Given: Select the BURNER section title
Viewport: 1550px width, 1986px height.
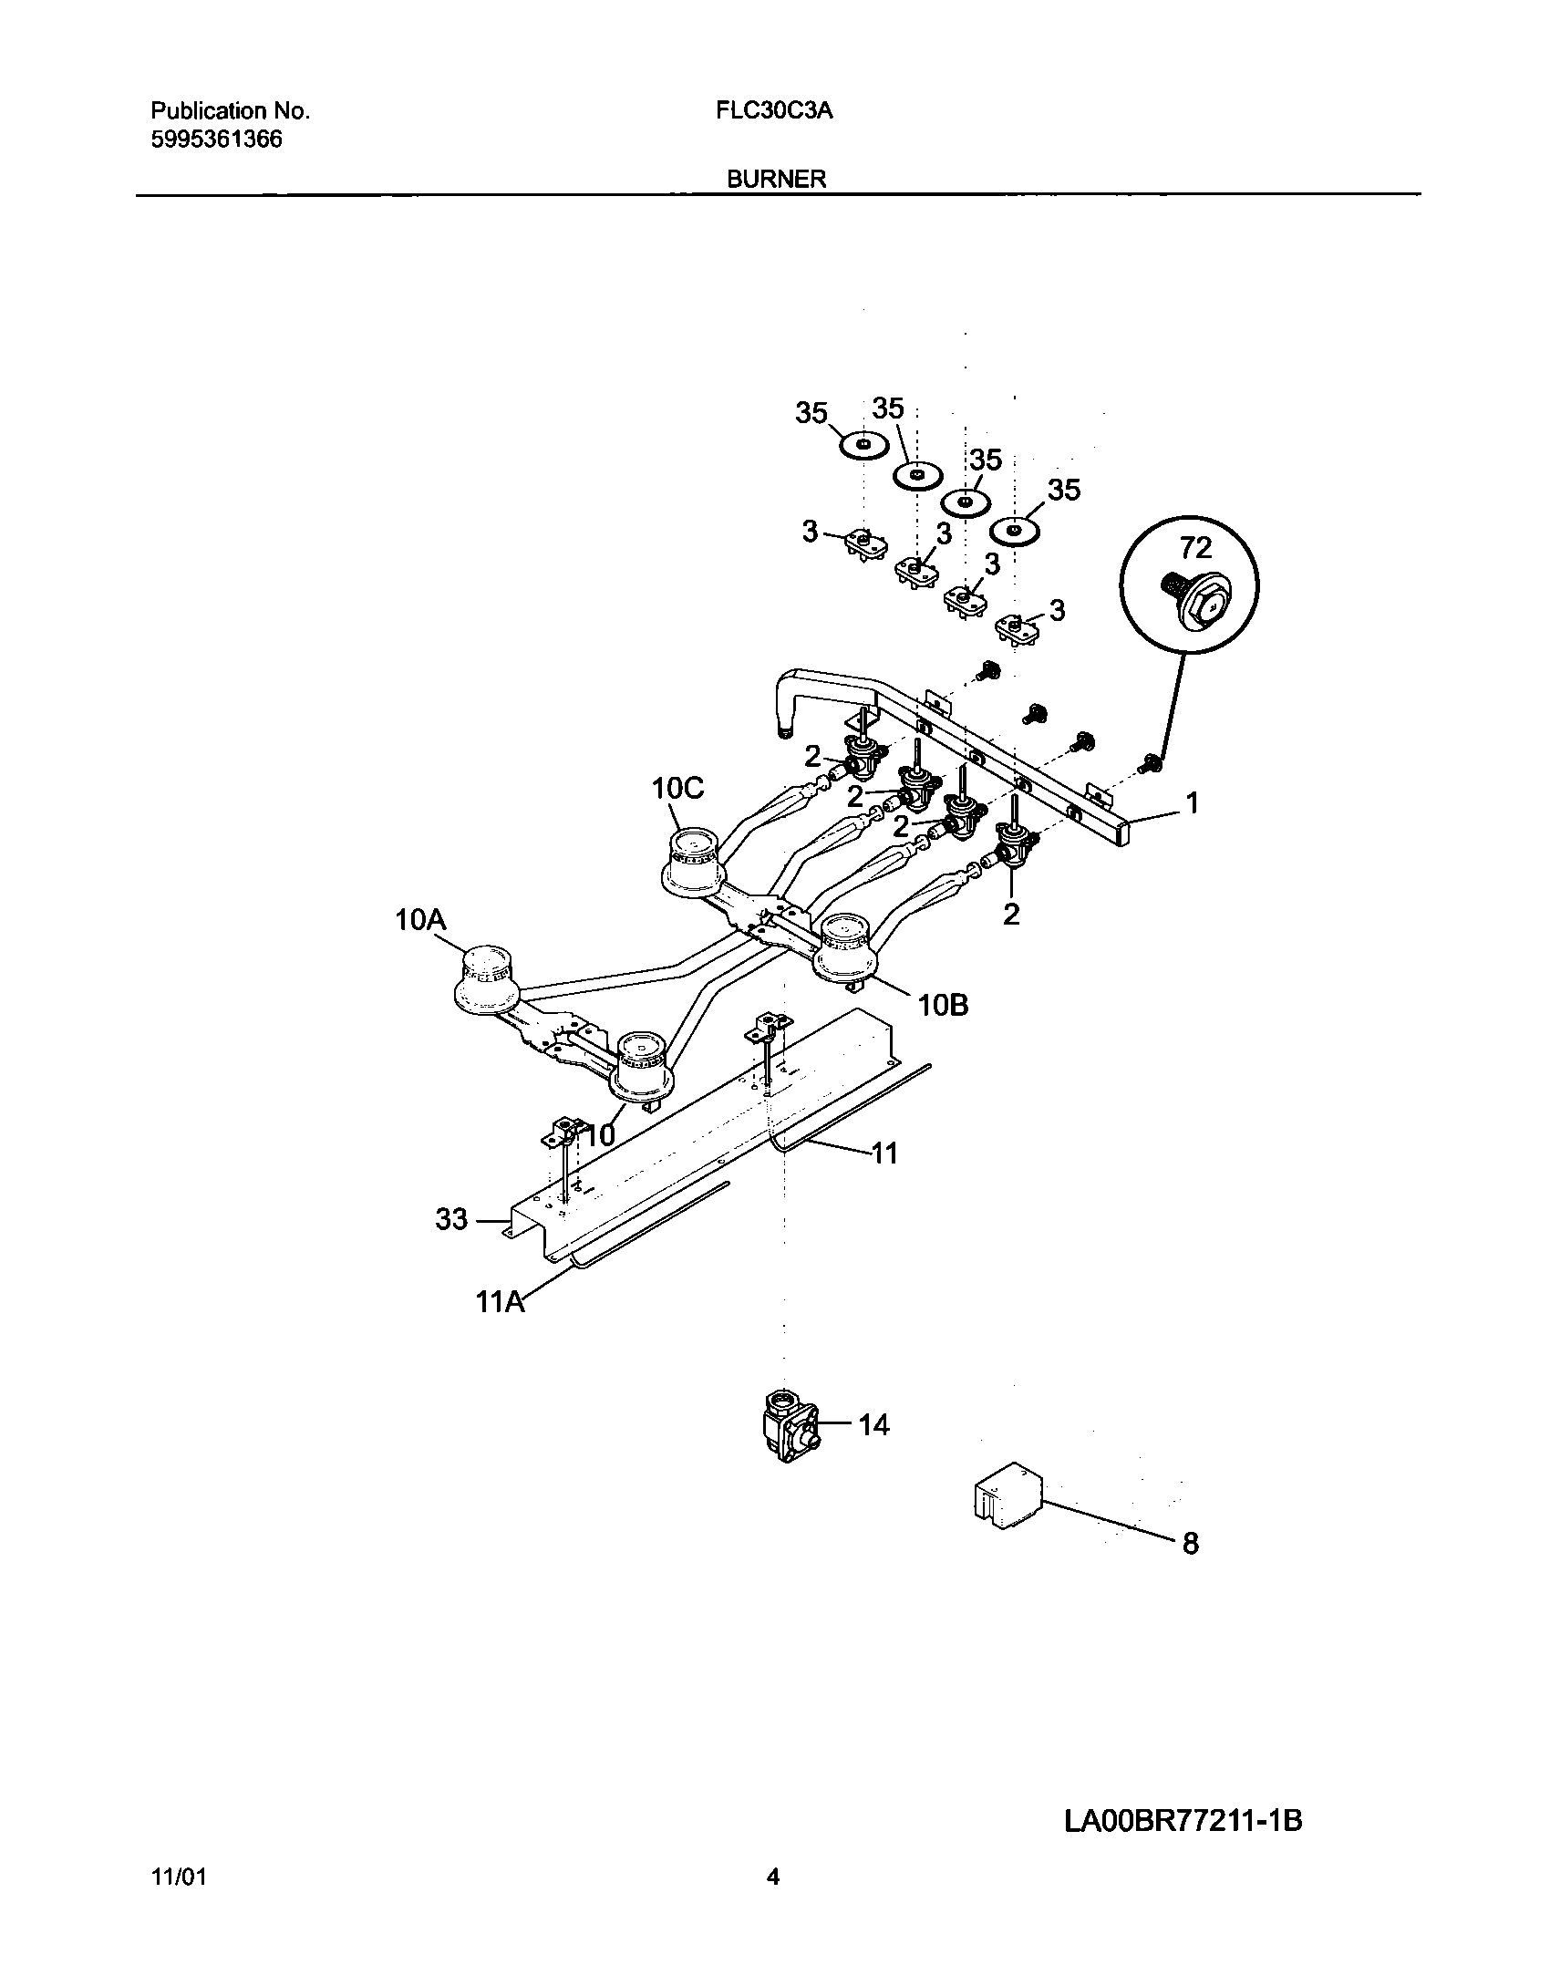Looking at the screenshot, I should pos(776,180).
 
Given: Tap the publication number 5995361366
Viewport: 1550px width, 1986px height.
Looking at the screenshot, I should pos(216,140).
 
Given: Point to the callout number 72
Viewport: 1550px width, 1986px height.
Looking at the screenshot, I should pos(1195,548).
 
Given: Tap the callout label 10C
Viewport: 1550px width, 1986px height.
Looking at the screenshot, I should pos(678,789).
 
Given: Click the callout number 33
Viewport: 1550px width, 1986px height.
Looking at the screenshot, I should pos(451,1219).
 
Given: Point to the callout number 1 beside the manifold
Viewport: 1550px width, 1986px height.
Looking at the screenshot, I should pos(1191,803).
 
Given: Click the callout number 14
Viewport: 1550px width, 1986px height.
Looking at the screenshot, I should pos(873,1424).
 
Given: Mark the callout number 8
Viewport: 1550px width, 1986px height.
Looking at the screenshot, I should pos(1190,1544).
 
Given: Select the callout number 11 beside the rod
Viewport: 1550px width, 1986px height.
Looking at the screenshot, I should pos(883,1153).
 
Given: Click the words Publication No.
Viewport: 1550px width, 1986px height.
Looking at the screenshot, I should pos(230,111).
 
